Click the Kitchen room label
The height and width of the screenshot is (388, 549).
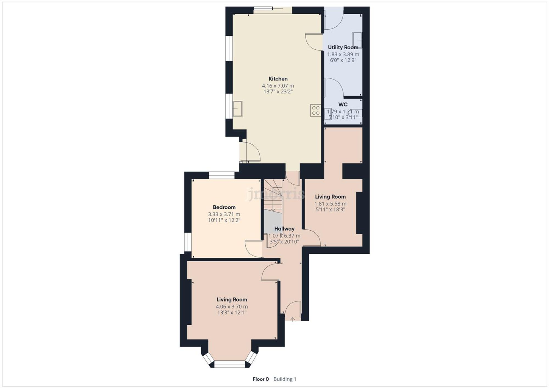278,79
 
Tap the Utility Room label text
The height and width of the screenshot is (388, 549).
343,47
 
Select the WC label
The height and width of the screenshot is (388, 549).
343,104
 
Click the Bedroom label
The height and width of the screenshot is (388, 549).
224,207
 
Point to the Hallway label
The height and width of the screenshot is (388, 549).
284,229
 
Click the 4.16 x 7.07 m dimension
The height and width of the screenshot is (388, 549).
278,86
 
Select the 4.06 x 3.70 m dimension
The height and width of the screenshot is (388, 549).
232,307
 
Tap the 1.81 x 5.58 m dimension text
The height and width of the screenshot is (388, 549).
330,204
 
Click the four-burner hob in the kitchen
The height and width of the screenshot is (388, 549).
316,111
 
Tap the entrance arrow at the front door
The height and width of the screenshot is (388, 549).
293,319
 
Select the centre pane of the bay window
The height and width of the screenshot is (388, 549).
229,364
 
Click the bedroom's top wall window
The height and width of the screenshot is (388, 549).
222,175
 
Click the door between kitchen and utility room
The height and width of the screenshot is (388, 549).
314,42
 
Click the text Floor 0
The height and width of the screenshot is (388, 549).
261,379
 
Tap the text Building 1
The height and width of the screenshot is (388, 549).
285,379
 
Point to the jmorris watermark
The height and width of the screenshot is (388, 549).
276,194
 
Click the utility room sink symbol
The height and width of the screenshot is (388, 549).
357,40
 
